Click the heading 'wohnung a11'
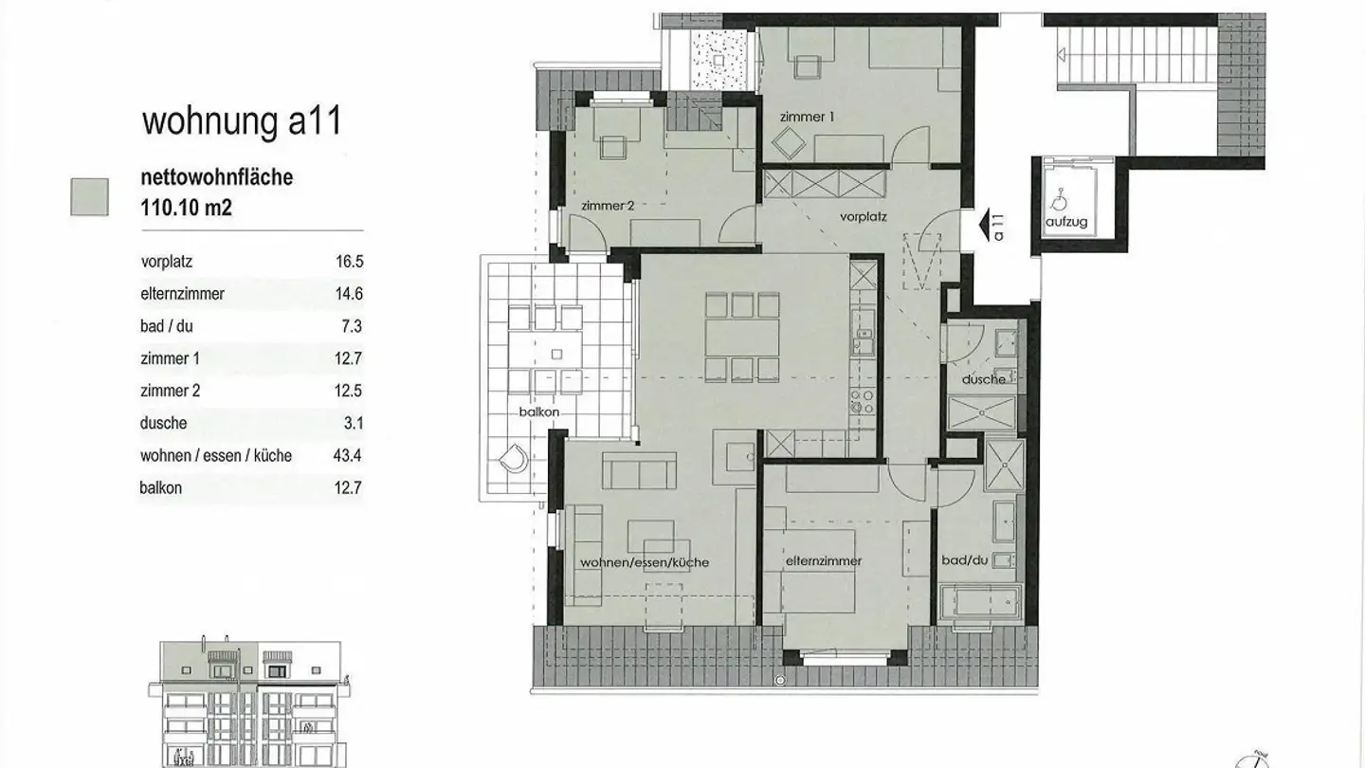[x=241, y=122]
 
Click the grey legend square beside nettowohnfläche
[x=89, y=197]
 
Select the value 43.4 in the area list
[x=347, y=456]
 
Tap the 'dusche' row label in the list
[x=164, y=424]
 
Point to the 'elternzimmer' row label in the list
[x=182, y=295]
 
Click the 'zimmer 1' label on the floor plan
[x=807, y=118]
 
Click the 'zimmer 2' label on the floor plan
[x=607, y=206]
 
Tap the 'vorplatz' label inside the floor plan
[x=863, y=216]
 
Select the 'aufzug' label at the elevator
[x=1066, y=223]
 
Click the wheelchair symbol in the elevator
[x=1059, y=200]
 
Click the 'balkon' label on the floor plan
[x=537, y=412]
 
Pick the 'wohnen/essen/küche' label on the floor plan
[x=645, y=563]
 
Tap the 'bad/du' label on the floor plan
[x=964, y=561]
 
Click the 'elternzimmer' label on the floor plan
[x=823, y=561]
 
